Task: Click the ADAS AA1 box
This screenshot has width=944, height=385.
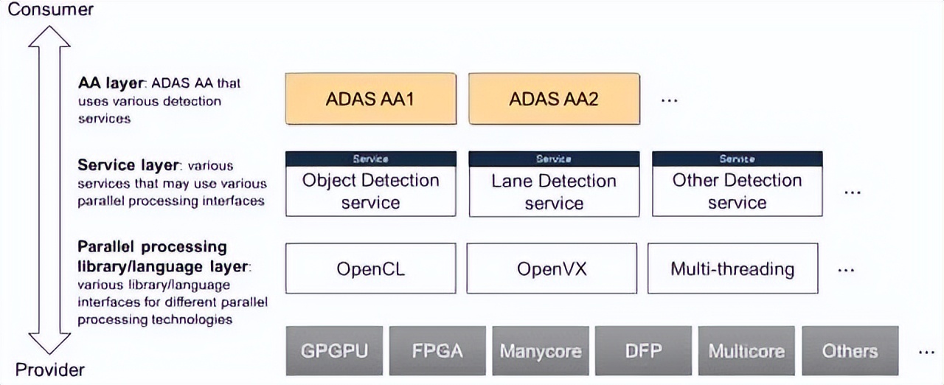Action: [370, 99]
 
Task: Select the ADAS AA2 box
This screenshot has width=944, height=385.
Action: [554, 99]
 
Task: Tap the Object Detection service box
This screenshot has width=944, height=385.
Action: [370, 184]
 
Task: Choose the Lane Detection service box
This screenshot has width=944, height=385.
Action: [554, 184]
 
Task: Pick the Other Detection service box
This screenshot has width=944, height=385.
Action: [737, 184]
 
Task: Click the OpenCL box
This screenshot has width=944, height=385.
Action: [370, 268]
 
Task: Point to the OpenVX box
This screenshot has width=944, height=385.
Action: [552, 268]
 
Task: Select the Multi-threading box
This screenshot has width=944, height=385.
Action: [733, 268]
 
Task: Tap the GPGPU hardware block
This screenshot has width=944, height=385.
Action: [334, 350]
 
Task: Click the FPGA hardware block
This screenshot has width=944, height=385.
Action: [437, 350]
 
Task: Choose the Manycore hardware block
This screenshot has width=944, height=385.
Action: [541, 350]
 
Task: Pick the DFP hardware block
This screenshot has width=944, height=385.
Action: [644, 350]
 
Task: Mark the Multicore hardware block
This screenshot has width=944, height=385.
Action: [747, 350]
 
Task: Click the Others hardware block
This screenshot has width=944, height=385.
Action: [850, 350]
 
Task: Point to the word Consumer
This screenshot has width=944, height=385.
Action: [51, 10]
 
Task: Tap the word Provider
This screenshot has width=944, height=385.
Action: [50, 370]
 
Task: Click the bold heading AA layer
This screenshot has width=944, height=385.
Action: [111, 83]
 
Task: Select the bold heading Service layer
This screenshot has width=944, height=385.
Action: [128, 165]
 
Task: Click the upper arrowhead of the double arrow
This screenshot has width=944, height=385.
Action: [49, 36]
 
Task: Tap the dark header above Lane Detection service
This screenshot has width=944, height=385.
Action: [554, 159]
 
